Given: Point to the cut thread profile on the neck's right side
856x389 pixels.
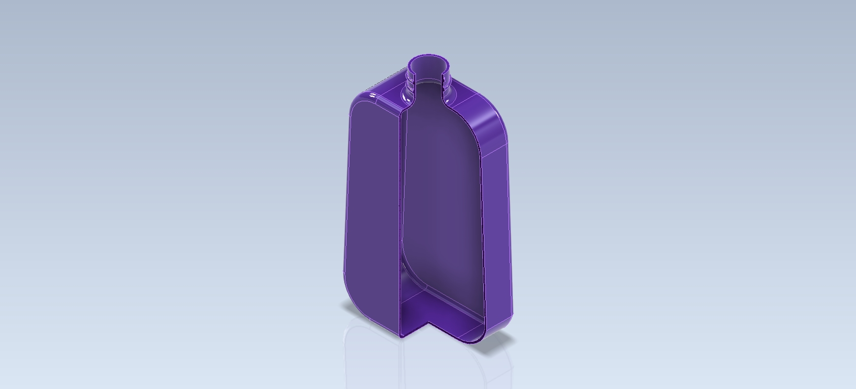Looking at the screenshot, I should (x=449, y=82).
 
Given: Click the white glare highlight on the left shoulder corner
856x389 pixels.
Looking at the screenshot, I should (x=373, y=95).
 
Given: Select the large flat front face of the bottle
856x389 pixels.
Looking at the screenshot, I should (x=372, y=207).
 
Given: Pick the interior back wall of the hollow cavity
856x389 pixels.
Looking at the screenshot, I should (x=441, y=197).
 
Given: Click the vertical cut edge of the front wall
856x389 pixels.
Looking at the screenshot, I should (x=400, y=221).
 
